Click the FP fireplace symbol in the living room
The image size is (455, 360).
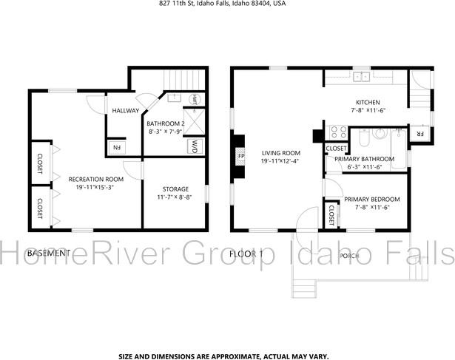[240, 157]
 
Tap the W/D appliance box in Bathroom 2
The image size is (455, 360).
[194, 146]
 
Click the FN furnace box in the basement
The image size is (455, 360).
[117, 148]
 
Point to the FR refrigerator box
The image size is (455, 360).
[419, 134]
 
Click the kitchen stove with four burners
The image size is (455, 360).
[339, 132]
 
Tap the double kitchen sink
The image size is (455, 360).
[361, 77]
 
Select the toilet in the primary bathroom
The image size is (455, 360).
[364, 137]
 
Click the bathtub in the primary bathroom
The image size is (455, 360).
[399, 149]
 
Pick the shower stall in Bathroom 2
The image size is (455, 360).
[195, 122]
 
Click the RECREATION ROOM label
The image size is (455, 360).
[96, 180]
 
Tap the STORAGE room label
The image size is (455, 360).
[175, 189]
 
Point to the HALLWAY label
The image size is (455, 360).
[126, 110]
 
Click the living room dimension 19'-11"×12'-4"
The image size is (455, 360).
[280, 161]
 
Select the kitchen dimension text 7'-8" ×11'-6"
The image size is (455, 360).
[368, 110]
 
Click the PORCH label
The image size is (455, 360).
[349, 256]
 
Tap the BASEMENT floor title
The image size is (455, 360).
[49, 253]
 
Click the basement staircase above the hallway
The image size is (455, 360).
[182, 80]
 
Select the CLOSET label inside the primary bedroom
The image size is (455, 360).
[331, 215]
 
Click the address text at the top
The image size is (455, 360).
[222, 4]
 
